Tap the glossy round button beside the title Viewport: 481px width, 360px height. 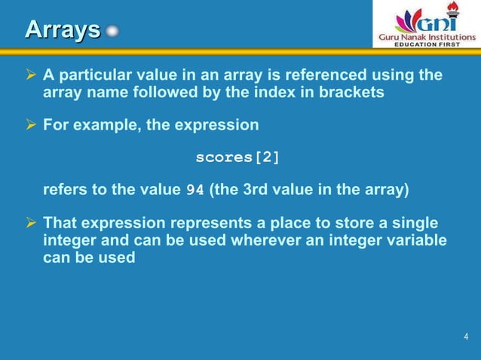(x=112, y=32)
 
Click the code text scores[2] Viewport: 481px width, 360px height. (x=237, y=157)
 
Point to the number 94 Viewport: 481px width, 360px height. (x=195, y=191)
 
